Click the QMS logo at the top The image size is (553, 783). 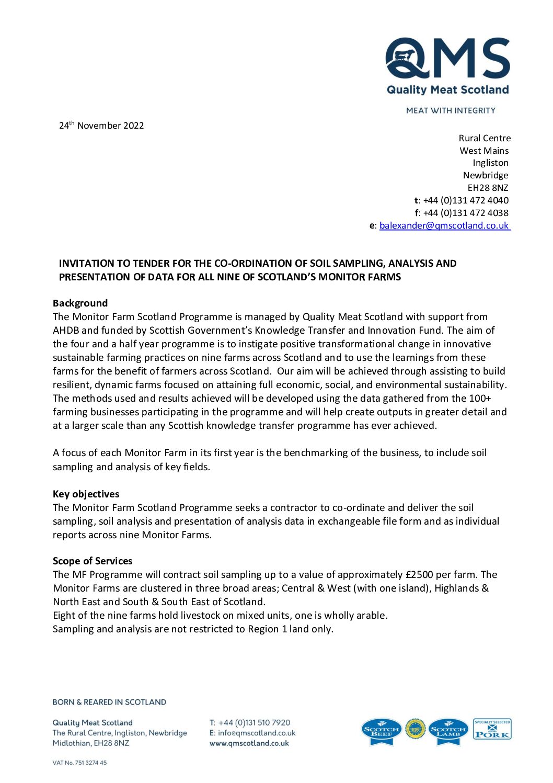pos(447,65)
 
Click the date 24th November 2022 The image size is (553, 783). pos(101,126)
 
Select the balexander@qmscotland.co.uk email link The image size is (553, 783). pos(444,225)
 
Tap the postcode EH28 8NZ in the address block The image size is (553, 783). pos(488,188)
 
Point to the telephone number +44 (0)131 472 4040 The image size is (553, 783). pos(465,200)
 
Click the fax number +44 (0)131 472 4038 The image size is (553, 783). pos(465,213)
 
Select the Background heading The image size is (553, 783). pos(80,303)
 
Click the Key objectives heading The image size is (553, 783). pos(86,494)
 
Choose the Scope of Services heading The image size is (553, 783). pos(93,561)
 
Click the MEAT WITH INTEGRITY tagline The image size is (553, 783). pos(451,110)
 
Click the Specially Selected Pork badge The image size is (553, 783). pos(492,729)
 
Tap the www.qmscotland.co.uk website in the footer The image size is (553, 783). pos(249,743)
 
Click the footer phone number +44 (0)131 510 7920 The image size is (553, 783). pos(254,723)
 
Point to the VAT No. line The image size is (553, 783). pos(79,763)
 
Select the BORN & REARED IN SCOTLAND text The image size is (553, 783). pos(109,702)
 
